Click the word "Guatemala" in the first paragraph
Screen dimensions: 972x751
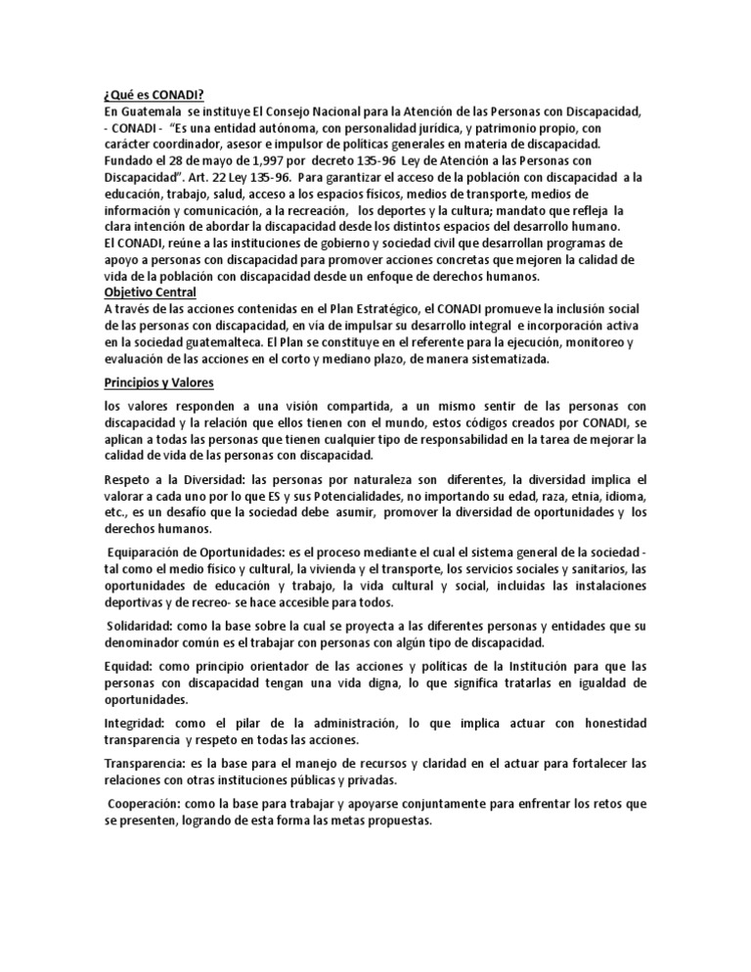pyautogui.click(x=152, y=112)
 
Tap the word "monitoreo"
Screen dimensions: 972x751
pyautogui.click(x=592, y=342)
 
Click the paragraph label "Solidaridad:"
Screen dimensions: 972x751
pyautogui.click(x=143, y=627)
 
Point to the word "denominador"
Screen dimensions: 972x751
pyautogui.click(x=147, y=642)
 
